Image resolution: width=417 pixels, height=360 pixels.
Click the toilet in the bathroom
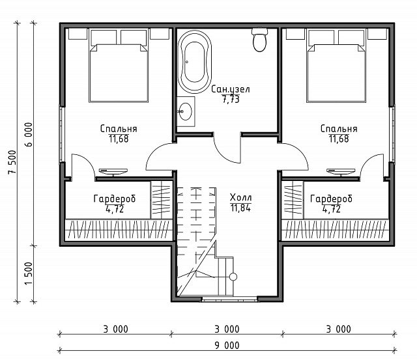pyautogui.click(x=259, y=39)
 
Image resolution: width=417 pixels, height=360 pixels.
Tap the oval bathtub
pyautogui.click(x=195, y=62)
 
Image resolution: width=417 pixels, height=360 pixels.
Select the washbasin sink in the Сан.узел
pyautogui.click(x=185, y=111)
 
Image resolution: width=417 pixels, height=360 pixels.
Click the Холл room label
pyautogui.click(x=240, y=197)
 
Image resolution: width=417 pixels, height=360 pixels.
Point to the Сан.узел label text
pyautogui.click(x=231, y=89)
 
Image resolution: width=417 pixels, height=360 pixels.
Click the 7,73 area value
pyautogui.click(x=231, y=100)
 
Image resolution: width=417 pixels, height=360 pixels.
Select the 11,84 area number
pyautogui.click(x=240, y=208)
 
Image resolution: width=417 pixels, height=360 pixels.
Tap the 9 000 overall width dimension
pyautogui.click(x=227, y=346)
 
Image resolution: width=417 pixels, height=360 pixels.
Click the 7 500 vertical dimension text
pyautogui.click(x=12, y=162)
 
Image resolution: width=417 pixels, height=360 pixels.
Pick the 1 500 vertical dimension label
pyautogui.click(x=29, y=273)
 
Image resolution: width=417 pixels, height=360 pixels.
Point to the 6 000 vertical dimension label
pyautogui.click(x=29, y=135)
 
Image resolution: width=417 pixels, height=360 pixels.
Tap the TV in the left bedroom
pyautogui.click(x=113, y=172)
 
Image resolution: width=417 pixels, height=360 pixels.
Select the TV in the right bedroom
pyautogui.click(x=341, y=172)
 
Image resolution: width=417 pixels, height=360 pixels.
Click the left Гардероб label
pyautogui.click(x=115, y=199)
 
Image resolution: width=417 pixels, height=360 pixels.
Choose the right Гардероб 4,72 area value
pyautogui.click(x=332, y=209)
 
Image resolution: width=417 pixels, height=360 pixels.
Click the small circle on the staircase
pyautogui.click(x=233, y=277)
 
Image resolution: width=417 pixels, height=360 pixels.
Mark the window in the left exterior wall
pyautogui.click(x=62, y=134)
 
